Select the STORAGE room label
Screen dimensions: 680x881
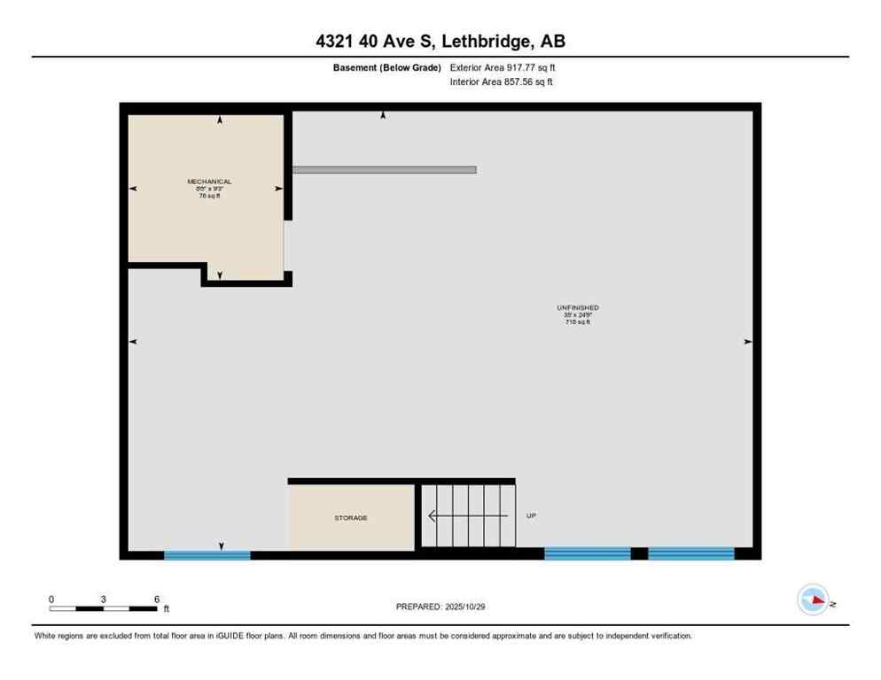click(351, 518)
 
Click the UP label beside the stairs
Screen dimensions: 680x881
click(531, 515)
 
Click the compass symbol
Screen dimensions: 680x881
click(813, 600)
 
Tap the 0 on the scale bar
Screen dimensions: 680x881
click(51, 599)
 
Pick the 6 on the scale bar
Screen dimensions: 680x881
click(157, 599)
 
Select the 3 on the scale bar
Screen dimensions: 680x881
click(104, 599)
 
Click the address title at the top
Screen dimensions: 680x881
click(440, 41)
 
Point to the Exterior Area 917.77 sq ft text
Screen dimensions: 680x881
click(503, 67)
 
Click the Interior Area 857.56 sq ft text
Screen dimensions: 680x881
click(503, 82)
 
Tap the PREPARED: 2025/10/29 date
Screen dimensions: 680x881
click(440, 607)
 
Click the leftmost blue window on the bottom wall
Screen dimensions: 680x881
click(207, 555)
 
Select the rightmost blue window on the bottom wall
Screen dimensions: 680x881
click(691, 553)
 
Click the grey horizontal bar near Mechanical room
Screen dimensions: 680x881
click(385, 169)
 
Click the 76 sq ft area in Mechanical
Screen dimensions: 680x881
click(209, 196)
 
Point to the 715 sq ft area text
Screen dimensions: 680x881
click(578, 322)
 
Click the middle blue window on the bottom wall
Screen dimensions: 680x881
click(587, 553)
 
